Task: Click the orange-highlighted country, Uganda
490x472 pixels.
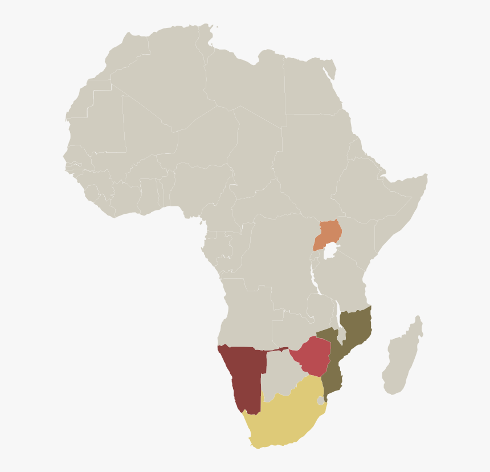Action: click(x=329, y=233)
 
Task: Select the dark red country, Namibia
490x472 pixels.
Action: click(x=242, y=373)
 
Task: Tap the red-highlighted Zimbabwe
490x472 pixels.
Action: click(x=313, y=355)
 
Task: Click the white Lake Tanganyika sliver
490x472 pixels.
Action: click(x=313, y=279)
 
